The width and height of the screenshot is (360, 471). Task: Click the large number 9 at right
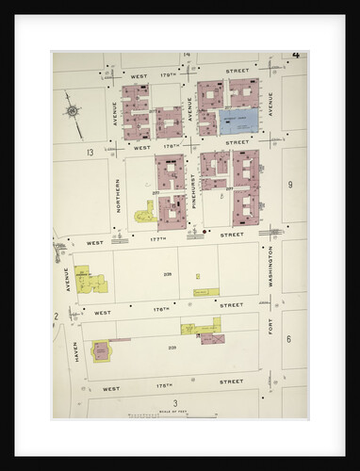pyautogui.click(x=291, y=185)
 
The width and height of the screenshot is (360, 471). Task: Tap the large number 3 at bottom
pyautogui.click(x=174, y=403)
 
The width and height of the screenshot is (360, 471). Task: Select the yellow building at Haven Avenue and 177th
pyautogui.click(x=92, y=280)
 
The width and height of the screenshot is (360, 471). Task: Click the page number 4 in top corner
pyautogui.click(x=296, y=55)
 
